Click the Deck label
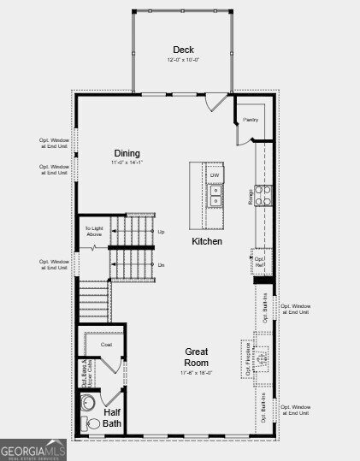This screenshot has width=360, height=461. [183, 50]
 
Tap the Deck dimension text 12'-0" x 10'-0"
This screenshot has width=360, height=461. [183, 60]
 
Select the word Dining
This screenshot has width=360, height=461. [127, 153]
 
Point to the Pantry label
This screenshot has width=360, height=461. [251, 120]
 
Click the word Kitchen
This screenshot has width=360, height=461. [207, 242]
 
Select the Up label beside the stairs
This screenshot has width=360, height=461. [161, 232]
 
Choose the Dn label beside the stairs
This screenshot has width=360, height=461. [161, 265]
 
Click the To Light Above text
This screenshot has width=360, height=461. [93, 232]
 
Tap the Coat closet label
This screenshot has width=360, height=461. [107, 345]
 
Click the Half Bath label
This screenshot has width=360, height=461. [112, 417]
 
